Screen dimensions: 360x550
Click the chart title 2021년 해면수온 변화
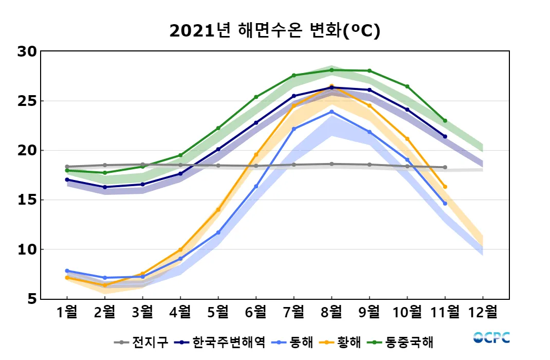click(x=274, y=31)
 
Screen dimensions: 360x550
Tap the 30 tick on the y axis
click(x=27, y=51)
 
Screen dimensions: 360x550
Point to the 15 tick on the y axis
click(x=27, y=200)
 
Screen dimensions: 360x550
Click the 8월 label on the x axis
click(x=332, y=312)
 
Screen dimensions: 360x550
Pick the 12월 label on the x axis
click(x=483, y=312)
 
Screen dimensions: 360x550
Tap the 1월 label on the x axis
click(x=67, y=312)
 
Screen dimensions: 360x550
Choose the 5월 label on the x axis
click(x=218, y=312)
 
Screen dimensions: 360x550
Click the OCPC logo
click(x=491, y=338)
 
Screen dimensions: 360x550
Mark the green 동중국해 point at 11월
click(x=445, y=121)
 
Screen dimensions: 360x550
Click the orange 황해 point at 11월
click(x=445, y=187)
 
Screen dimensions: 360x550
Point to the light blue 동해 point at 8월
click(x=332, y=112)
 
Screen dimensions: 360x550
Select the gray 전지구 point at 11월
click(x=445, y=167)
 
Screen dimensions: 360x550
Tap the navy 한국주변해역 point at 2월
click(x=105, y=187)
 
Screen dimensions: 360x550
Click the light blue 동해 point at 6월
click(x=256, y=187)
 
